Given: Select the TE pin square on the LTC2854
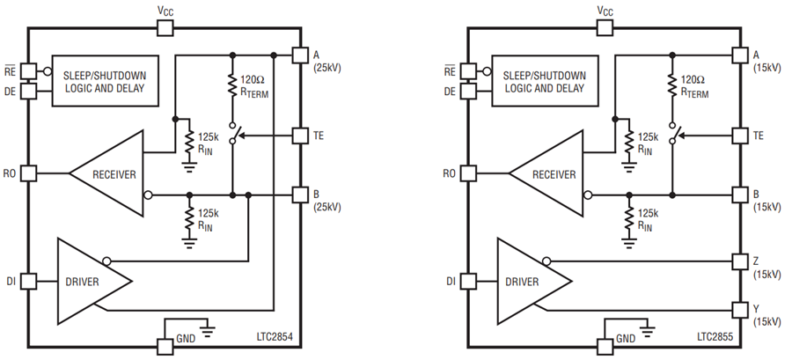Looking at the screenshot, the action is (x=301, y=136).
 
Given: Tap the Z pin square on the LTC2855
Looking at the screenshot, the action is (x=740, y=261).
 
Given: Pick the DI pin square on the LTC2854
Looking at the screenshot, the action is (x=28, y=281).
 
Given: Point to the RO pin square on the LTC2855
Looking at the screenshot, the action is (x=468, y=173).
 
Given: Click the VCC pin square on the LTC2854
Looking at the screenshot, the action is (x=165, y=28).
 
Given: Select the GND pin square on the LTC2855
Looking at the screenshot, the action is (x=605, y=347).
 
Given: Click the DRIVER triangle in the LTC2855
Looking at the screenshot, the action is (x=534, y=282).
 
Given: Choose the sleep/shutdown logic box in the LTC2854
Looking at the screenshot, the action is (x=105, y=81).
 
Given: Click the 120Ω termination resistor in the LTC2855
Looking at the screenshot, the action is (x=672, y=85).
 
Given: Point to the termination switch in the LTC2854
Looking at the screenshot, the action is (x=233, y=133).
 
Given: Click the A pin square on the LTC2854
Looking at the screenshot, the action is (x=301, y=55).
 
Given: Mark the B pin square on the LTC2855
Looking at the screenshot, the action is (x=740, y=195).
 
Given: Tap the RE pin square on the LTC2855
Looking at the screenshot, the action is (x=468, y=71).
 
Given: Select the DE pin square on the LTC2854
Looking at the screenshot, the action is (x=28, y=92).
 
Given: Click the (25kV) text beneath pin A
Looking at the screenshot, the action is (x=326, y=68).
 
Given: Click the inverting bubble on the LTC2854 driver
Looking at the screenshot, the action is (x=106, y=261).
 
